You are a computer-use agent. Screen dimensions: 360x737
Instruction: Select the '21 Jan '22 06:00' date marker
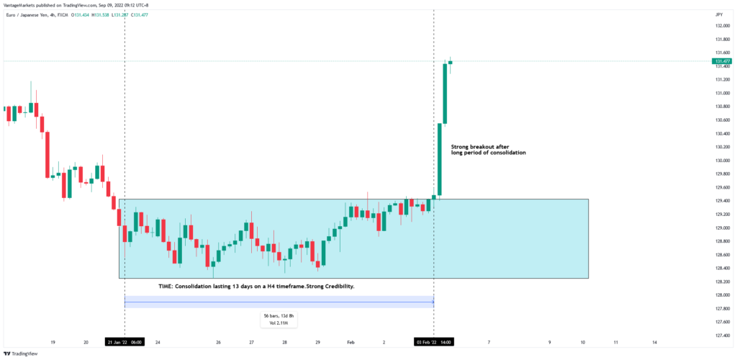coord(125,342)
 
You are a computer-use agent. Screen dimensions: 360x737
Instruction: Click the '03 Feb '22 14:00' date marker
coord(433,342)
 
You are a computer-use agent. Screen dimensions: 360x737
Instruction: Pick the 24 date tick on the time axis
coord(158,342)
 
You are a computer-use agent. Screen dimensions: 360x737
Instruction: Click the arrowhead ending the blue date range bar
coord(432,302)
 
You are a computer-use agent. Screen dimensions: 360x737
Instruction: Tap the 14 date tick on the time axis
coord(654,342)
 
